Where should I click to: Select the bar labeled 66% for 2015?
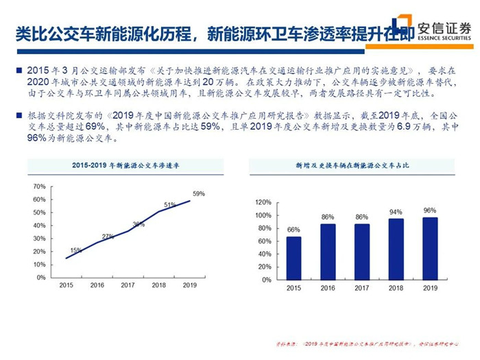point(293,257)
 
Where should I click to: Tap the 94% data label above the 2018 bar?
point(396,213)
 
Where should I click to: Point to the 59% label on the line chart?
point(198,194)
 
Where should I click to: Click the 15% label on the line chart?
point(75,250)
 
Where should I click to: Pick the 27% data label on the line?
point(108,237)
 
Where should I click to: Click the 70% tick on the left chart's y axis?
point(39,186)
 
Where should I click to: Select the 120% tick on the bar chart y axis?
point(262,202)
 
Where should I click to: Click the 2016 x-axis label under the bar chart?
point(327,288)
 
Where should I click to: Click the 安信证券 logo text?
point(445,27)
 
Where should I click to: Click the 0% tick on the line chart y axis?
point(41,278)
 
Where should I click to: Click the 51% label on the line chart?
point(169,205)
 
